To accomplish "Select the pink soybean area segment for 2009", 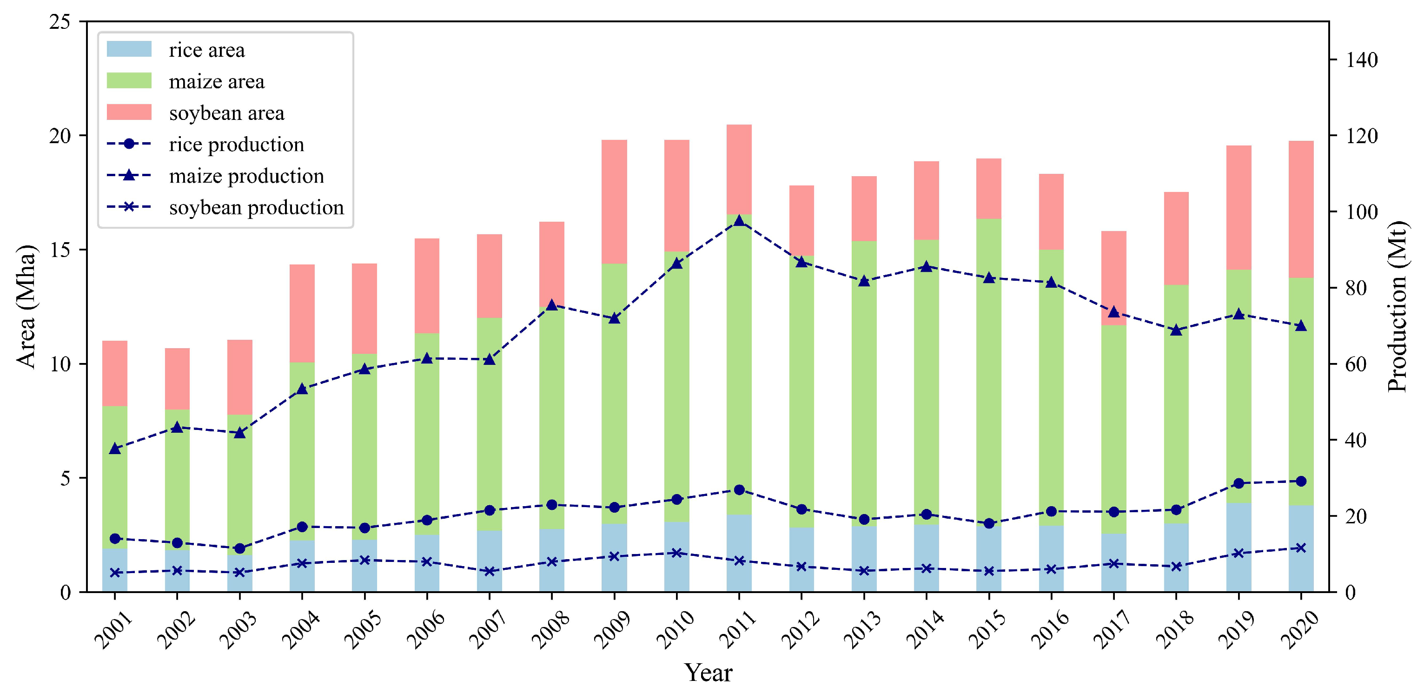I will tap(614, 202).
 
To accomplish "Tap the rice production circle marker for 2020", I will tap(1301, 482).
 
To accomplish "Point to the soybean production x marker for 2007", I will tap(489, 571).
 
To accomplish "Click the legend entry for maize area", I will tap(216, 82).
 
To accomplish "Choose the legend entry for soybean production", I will tap(256, 208).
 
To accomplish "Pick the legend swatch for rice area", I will tap(129, 49).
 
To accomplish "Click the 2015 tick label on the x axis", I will tap(988, 630).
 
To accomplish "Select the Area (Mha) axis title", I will tap(26, 307).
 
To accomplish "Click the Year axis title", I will tap(708, 673).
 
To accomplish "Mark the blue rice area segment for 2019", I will tap(1239, 547).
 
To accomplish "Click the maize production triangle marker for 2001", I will tap(115, 449).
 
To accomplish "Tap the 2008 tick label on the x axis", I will tap(550, 630).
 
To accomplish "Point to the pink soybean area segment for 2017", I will tap(1114, 278).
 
